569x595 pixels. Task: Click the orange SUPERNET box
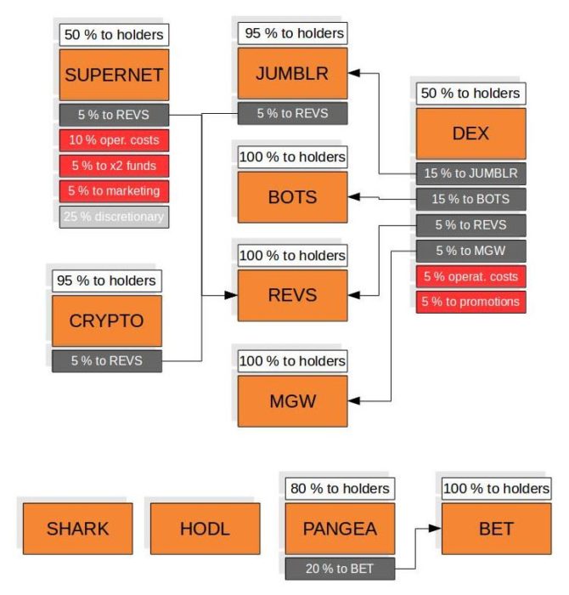(114, 74)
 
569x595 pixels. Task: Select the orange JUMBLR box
(292, 72)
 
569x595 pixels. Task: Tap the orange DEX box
(470, 133)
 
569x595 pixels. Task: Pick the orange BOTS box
(292, 197)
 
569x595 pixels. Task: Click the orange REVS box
(292, 295)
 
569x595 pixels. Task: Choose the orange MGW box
(292, 400)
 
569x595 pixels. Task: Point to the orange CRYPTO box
(106, 320)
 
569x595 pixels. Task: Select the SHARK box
(77, 529)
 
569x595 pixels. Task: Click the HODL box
(205, 529)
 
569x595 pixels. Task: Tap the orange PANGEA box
(339, 529)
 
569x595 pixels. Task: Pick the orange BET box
(496, 529)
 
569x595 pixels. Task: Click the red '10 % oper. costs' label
(114, 139)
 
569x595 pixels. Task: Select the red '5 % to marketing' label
(114, 190)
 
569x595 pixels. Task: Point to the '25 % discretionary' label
(114, 216)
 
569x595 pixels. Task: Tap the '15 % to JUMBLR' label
(470, 173)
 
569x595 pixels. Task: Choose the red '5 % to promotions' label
(470, 301)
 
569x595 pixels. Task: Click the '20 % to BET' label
(339, 568)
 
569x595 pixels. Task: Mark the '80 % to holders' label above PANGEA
(339, 488)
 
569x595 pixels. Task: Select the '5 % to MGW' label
(470, 250)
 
